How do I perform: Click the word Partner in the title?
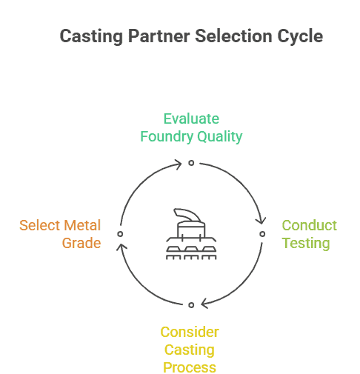[x=146, y=36]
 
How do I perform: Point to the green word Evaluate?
[x=191, y=119]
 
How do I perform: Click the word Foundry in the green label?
[x=165, y=136]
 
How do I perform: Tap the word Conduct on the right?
[x=309, y=225]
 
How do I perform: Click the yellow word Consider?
[x=190, y=332]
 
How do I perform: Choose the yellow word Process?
[x=190, y=367]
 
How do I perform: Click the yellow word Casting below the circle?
[x=190, y=350]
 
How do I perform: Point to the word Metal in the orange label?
[x=81, y=225]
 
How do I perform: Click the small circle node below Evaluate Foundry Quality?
[x=190, y=162]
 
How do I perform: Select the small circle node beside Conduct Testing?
[x=261, y=233]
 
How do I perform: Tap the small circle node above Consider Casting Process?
[x=190, y=304]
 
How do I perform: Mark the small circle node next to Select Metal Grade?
[x=119, y=233]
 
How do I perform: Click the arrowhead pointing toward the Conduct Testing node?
[x=261, y=220]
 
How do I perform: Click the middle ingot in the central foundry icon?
[x=190, y=250]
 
